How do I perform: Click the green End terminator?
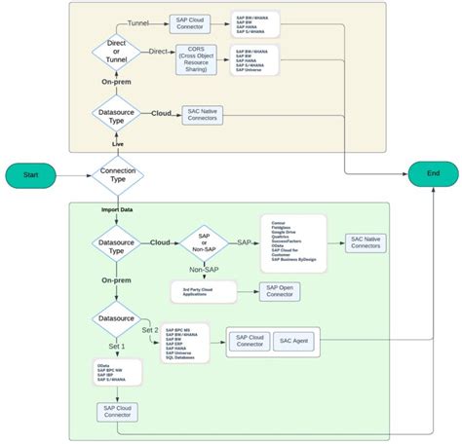tap(433, 172)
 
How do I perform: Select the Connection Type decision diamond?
tap(117, 176)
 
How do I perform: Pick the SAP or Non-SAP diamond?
tap(204, 242)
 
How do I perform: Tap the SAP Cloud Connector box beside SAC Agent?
tap(249, 341)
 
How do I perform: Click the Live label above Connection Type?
tap(117, 144)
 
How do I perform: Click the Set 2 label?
tap(149, 329)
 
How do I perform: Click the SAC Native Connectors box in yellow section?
tap(203, 114)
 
